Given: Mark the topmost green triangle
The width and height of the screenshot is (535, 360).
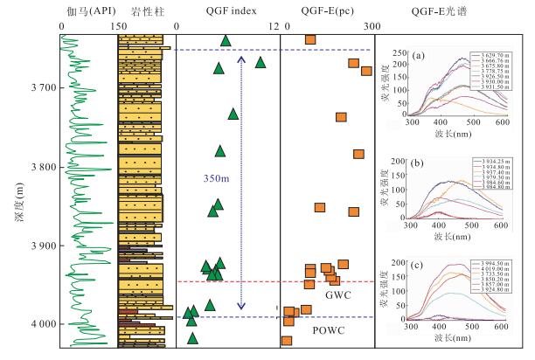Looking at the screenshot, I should (x=226, y=40).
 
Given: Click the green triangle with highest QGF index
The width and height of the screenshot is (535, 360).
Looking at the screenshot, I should (x=260, y=62).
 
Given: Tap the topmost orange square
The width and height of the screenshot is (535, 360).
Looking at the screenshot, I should (x=310, y=39).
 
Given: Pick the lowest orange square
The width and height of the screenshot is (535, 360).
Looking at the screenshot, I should (x=287, y=340).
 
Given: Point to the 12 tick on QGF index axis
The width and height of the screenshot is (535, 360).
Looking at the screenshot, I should (x=276, y=27).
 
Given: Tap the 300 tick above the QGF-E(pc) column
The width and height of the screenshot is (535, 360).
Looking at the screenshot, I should (x=370, y=27).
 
